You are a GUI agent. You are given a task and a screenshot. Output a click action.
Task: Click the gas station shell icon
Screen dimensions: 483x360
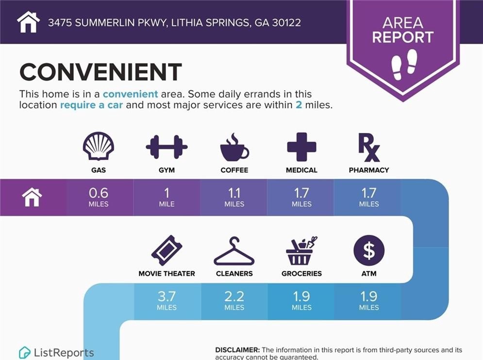coord(99,146)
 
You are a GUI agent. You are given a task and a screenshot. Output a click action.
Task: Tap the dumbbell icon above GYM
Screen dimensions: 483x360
coord(167,147)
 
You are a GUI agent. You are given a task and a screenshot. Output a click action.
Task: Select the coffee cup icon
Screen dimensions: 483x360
coord(234,147)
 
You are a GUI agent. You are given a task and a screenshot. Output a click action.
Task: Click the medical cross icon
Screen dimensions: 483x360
coord(301,147)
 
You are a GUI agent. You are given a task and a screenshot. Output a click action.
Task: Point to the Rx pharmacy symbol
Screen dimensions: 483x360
coord(369,147)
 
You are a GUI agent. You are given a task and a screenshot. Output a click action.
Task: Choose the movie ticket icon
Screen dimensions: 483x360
coord(167,250)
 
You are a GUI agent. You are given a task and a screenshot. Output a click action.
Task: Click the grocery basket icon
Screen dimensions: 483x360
coord(301,251)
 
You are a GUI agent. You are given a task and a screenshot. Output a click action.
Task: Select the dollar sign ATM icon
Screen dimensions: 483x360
coord(369,250)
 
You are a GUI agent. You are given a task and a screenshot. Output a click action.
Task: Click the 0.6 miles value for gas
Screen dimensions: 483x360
coord(99,197)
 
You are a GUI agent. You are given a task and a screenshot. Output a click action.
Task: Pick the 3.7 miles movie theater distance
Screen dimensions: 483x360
coord(167,300)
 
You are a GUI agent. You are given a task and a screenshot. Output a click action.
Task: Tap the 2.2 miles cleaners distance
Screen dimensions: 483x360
coord(234,300)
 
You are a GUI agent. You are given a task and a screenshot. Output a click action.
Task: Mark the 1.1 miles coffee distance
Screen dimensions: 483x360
coord(234,197)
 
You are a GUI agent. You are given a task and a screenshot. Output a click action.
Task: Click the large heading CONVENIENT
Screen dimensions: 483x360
coord(101,72)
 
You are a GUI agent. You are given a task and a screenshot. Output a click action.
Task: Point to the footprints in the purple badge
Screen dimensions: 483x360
coord(404,65)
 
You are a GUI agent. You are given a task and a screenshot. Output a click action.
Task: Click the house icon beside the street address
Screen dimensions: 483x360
coord(28,22)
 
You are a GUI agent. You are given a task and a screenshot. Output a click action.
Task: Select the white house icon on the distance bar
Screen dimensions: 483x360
coord(32,197)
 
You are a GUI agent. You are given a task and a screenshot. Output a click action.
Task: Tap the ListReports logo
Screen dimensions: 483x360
coord(56,352)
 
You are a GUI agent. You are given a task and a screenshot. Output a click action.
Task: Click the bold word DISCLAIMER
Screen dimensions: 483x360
coord(237,350)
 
